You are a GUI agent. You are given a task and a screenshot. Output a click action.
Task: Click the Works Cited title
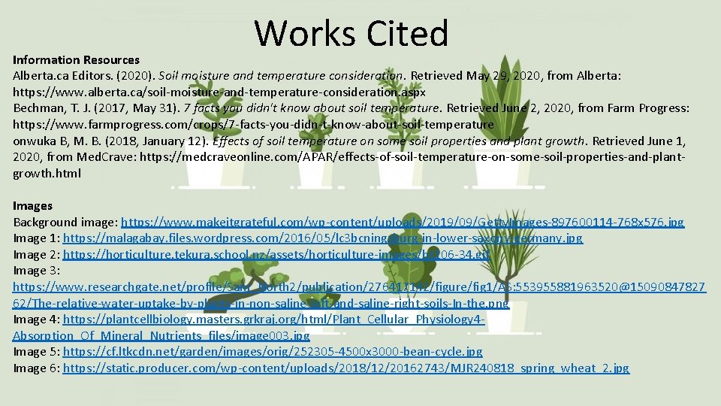click(x=351, y=34)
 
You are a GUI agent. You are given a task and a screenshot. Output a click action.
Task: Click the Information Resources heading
click(x=76, y=59)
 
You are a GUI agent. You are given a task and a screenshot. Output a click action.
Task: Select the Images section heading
click(x=33, y=205)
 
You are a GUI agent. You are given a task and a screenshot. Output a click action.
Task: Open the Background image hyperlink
click(x=403, y=222)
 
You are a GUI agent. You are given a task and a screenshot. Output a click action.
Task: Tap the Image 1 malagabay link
click(x=323, y=238)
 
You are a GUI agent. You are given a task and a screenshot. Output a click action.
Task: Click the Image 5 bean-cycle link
click(x=273, y=352)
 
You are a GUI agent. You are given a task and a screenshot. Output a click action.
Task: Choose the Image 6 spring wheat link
click(x=346, y=368)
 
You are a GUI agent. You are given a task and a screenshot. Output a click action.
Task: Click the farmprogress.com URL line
click(x=253, y=124)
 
